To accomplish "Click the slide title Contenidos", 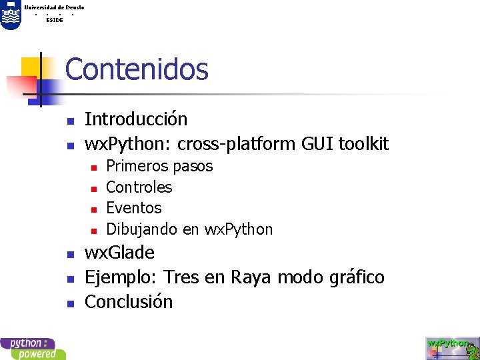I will (x=137, y=69).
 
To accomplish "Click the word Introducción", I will (x=136, y=119).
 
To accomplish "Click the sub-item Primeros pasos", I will (x=159, y=166).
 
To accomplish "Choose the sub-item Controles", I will (x=139, y=187).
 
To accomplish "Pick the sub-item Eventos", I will (x=134, y=208).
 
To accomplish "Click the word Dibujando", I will (x=142, y=230).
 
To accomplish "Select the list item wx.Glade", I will (x=120, y=253).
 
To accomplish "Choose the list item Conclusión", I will (x=129, y=302).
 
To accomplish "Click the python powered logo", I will (x=33, y=349).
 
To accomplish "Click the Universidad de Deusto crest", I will (x=10, y=15).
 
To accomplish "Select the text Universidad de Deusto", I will (x=54, y=7).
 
